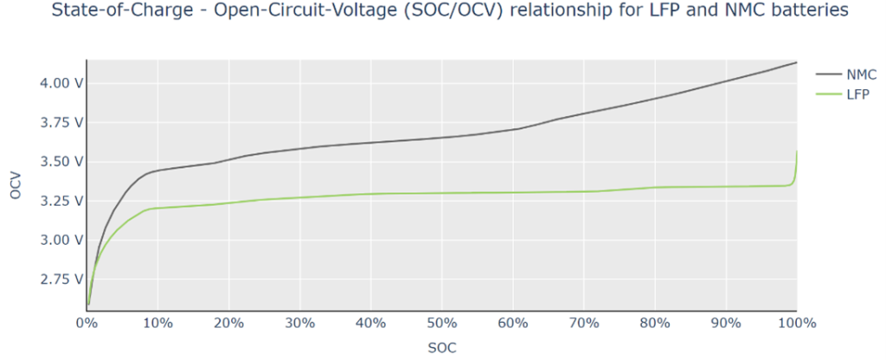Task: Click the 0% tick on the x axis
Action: coord(86,323)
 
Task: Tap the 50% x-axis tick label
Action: coord(441,323)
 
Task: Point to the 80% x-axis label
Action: coord(655,323)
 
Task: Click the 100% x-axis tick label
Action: coord(796,323)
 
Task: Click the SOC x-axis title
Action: coord(441,348)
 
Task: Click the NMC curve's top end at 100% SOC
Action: coord(796,62)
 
